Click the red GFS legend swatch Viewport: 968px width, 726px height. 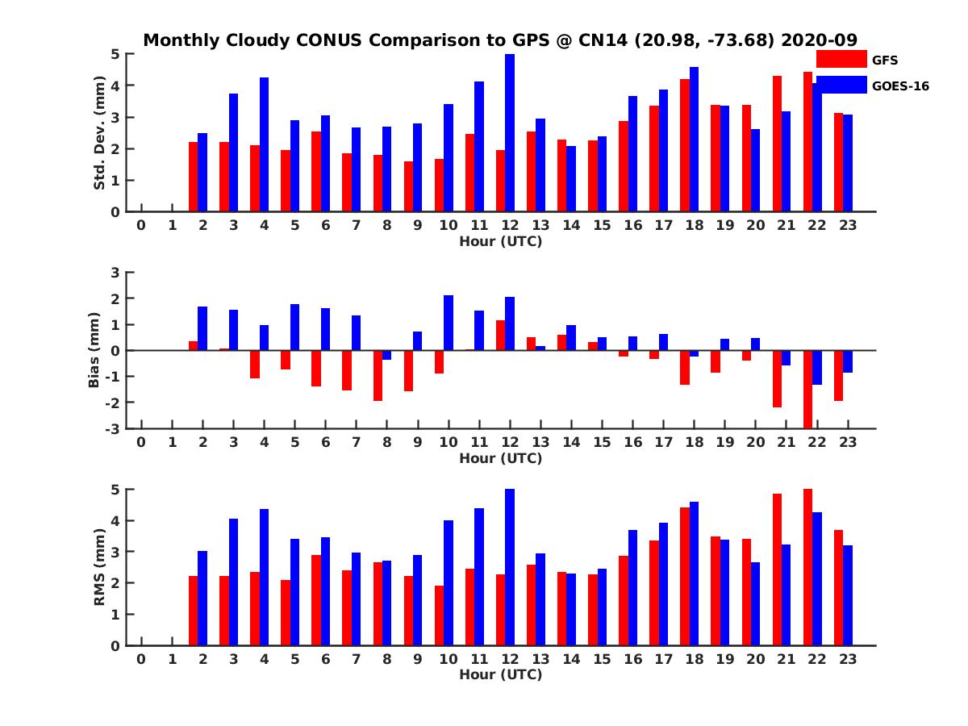tap(841, 59)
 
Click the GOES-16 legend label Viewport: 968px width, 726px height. tap(900, 86)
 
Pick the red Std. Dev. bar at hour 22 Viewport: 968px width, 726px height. tap(808, 142)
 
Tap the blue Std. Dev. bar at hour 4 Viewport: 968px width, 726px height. tap(264, 144)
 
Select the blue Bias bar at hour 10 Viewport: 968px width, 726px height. tap(449, 323)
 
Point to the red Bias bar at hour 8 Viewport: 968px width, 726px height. tap(378, 375)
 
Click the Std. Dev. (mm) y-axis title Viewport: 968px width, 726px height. tap(100, 133)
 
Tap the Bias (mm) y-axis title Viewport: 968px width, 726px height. tap(94, 350)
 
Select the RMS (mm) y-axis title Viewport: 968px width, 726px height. tap(100, 567)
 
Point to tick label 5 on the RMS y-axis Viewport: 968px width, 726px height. tap(115, 490)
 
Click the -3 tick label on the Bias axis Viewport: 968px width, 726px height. tap(113, 428)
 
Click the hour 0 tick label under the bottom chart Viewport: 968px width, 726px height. tap(141, 659)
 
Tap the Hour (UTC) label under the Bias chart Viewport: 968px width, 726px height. tap(500, 458)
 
